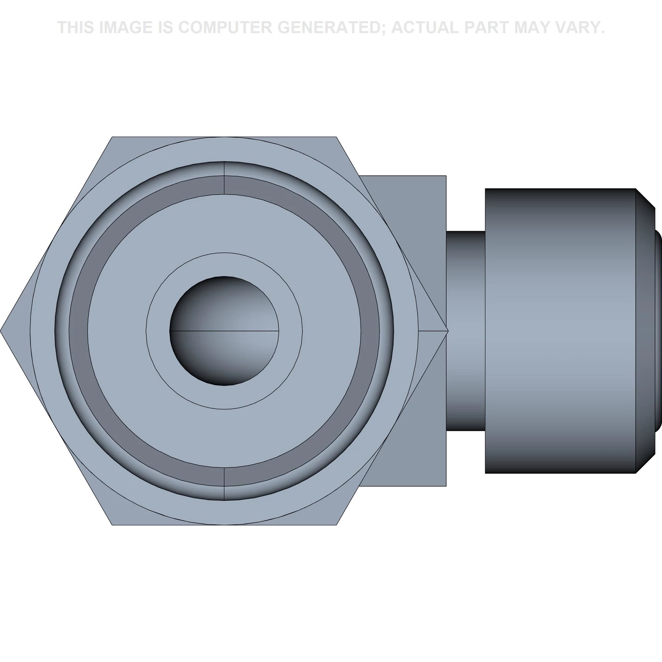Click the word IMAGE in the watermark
[125, 27]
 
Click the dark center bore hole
[224, 331]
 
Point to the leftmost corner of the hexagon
[1, 331]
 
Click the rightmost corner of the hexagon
[448, 331]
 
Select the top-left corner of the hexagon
[112, 137]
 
